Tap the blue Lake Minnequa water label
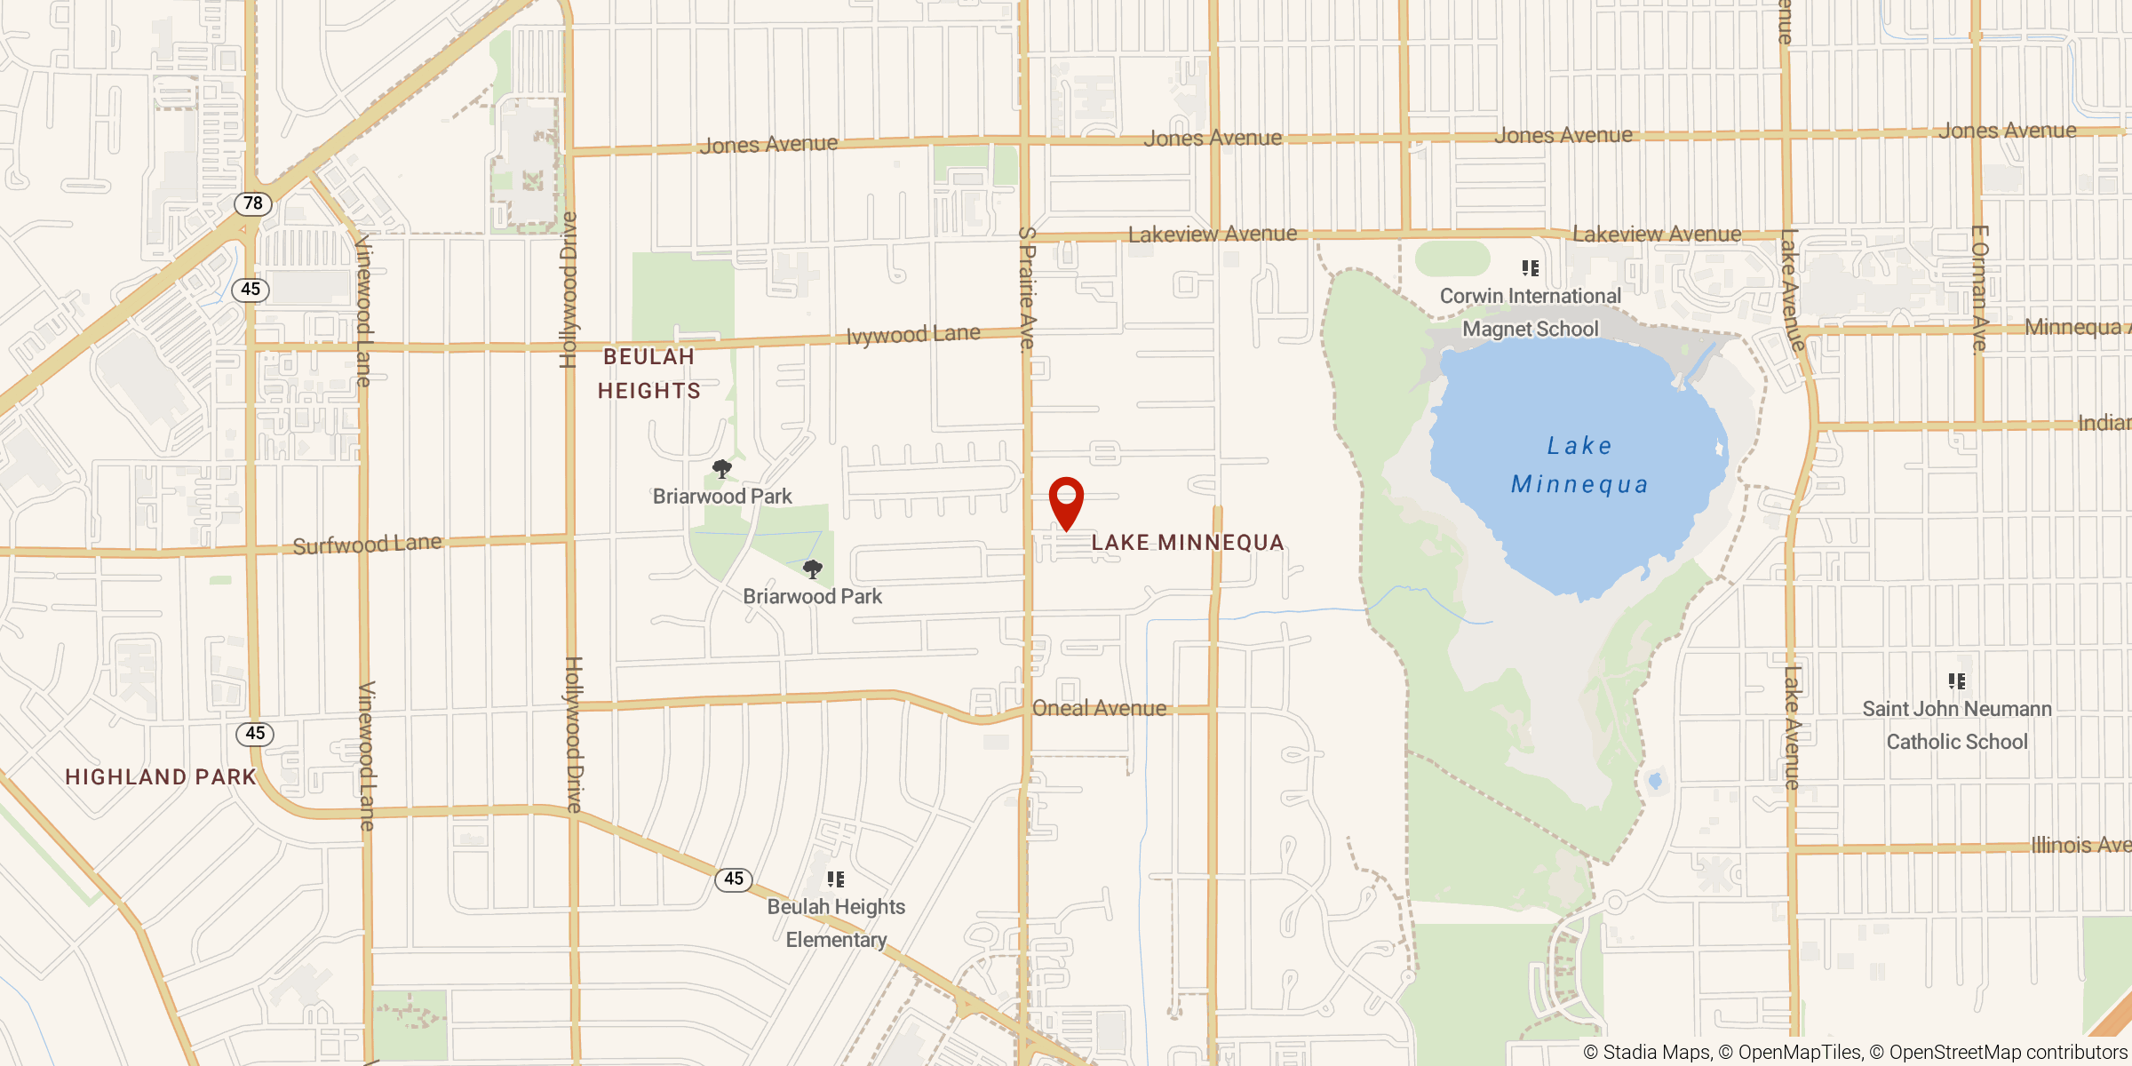1579,465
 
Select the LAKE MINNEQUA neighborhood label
1188,543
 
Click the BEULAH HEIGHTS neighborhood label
649,374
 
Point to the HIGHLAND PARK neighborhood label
161,777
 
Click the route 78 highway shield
253,203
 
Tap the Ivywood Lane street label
913,335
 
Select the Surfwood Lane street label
367,544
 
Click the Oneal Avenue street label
1099,708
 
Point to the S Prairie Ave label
1027,289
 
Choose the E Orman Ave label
1979,290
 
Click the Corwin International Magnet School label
1531,313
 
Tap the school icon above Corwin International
1531,268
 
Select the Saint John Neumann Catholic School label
1957,725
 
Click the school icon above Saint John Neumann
1957,681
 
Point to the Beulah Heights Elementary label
836,923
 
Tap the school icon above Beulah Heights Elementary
836,879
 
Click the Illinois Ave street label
2080,845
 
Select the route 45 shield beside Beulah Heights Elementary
734,879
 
